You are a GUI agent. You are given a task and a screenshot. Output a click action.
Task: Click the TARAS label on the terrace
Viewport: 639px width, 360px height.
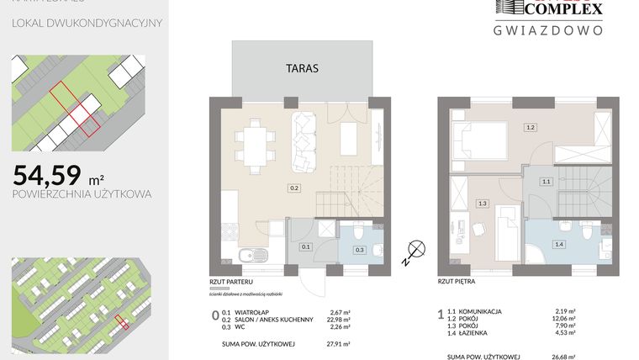coord(301,69)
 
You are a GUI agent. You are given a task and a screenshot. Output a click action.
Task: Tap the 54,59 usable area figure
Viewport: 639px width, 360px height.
coord(47,175)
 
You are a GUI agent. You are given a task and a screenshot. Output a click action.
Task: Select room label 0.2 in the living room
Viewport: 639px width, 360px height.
coord(294,188)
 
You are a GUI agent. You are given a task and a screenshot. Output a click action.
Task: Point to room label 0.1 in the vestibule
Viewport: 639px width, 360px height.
coord(306,247)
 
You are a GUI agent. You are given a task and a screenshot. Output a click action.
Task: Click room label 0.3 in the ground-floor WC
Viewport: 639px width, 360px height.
coord(360,250)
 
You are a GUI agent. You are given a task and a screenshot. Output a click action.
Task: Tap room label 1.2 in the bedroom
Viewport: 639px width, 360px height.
coord(530,128)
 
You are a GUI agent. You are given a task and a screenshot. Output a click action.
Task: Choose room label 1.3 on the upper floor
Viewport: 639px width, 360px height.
coord(482,203)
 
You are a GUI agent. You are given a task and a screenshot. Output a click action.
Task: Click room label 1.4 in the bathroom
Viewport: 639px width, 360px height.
coord(558,244)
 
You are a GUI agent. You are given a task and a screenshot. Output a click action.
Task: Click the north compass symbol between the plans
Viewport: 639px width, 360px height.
coord(412,248)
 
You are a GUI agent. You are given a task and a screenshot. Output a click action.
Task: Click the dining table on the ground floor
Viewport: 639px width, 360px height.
coord(253,140)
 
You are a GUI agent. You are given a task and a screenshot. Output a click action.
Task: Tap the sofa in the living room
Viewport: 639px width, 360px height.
coord(304,139)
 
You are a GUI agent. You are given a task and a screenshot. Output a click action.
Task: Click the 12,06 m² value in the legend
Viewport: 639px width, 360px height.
coord(564,319)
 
